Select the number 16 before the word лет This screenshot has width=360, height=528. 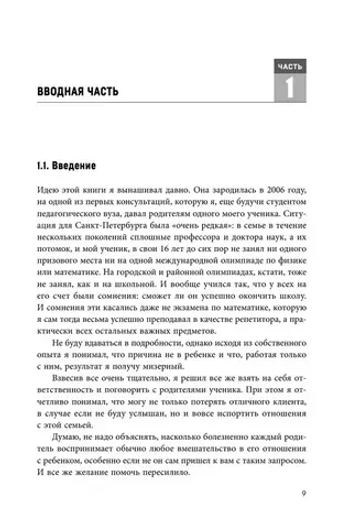pos(174,256)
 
